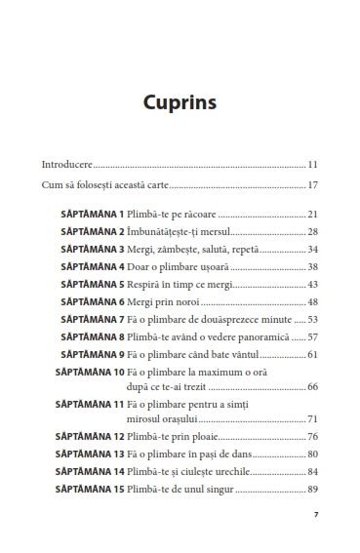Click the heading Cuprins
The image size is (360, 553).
[x=180, y=101]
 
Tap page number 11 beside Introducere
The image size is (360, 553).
[x=313, y=164]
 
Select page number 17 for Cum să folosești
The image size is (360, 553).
[x=313, y=184]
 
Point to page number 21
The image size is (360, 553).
[x=313, y=214]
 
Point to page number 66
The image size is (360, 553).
[x=313, y=386]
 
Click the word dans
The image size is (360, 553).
[x=273, y=454]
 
